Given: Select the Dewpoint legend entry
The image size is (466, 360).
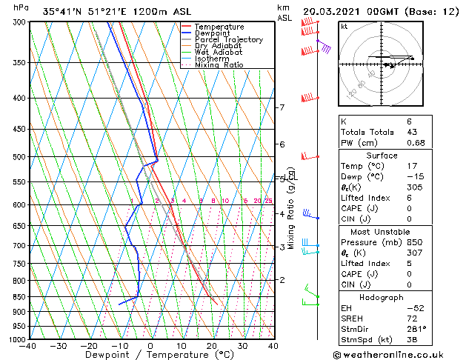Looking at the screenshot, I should (212, 33).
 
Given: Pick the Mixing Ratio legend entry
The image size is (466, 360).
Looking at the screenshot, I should (219, 65).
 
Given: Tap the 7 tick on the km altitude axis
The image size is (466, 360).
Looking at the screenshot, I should (282, 107).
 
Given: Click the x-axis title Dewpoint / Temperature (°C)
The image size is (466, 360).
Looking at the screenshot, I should (151, 355).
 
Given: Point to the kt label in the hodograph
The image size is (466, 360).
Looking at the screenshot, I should (345, 27).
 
